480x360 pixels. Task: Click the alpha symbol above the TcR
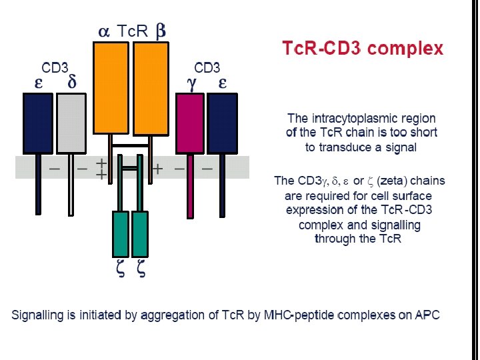[103, 31]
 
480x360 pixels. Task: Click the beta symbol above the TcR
[161, 31]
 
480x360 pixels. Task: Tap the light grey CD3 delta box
[71, 123]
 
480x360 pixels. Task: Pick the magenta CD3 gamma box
[190, 123]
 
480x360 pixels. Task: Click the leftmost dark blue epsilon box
[38, 123]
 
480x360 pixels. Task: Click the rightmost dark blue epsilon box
[223, 123]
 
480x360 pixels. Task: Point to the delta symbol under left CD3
[72, 83]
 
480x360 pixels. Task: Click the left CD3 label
[55, 68]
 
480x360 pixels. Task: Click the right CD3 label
[207, 68]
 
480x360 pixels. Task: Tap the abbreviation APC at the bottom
[427, 315]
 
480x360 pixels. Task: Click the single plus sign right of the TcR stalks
[158, 169]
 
